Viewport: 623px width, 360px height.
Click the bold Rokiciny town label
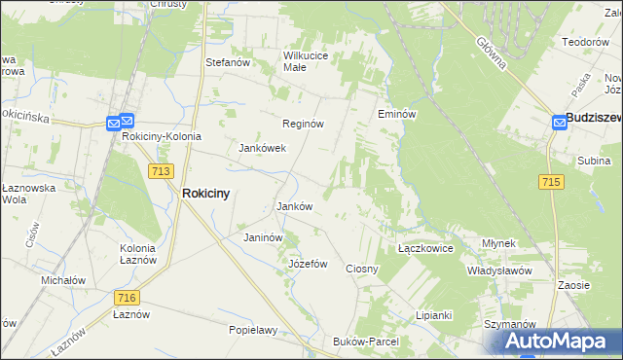click(x=206, y=194)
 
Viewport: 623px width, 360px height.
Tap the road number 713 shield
click(x=162, y=170)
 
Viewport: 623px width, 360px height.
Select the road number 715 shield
click(x=551, y=182)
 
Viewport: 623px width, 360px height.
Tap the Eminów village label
click(x=397, y=114)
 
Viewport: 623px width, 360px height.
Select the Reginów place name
click(x=303, y=125)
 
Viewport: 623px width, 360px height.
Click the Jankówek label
click(x=262, y=149)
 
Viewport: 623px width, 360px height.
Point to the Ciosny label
click(x=362, y=268)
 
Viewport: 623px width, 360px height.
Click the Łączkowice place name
click(x=426, y=248)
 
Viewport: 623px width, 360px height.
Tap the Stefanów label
click(x=229, y=62)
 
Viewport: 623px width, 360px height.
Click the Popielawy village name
click(x=253, y=330)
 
